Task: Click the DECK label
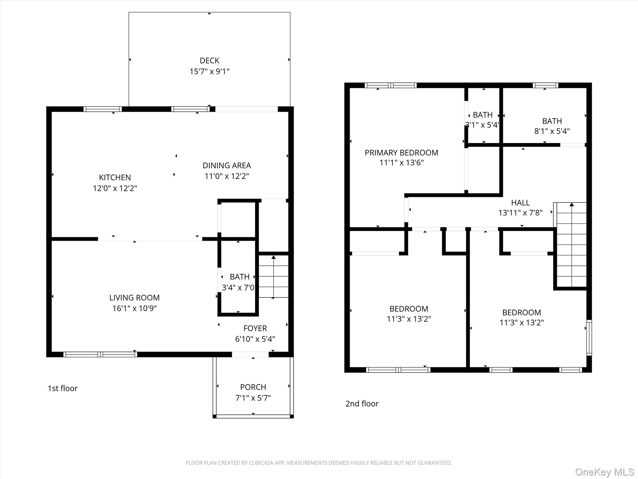pos(209,60)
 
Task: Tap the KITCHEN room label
pos(115,177)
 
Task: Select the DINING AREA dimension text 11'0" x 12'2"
pos(227,176)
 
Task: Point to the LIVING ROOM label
pos(134,298)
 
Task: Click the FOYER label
pos(255,328)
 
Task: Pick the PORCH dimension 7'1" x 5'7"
pos(253,398)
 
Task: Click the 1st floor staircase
pos(274,276)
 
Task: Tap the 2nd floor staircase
pos(571,244)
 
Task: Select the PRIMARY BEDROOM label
pos(402,153)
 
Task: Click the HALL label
pos(520,203)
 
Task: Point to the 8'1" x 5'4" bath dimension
pos(552,131)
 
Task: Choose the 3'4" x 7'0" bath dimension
pos(238,288)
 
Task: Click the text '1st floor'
pos(63,388)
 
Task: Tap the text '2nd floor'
pos(362,404)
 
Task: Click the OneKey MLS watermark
pos(605,472)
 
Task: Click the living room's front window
pos(100,354)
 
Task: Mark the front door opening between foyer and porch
pos(250,354)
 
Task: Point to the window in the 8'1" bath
pos(545,85)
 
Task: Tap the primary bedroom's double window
pos(391,85)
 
